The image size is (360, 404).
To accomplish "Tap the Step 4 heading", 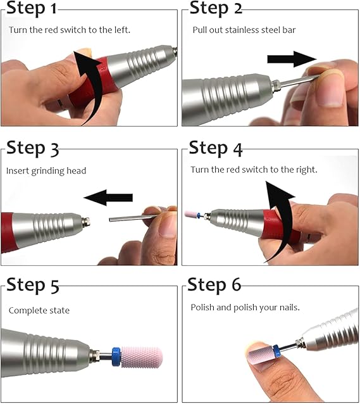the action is click(x=216, y=149).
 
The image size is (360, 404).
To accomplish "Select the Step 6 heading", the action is click(x=214, y=285).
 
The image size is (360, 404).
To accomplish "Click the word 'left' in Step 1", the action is click(x=121, y=30).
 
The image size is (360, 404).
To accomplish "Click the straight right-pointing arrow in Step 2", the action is click(x=292, y=59).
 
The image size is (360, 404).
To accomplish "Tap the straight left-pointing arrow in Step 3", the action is click(x=108, y=198).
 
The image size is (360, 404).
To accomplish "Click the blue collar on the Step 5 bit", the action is click(x=116, y=357).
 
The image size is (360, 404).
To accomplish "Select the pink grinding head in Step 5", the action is click(x=142, y=357).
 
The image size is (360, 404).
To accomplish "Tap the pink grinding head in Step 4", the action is click(x=191, y=215).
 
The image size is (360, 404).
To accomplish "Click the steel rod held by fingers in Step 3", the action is click(x=130, y=218).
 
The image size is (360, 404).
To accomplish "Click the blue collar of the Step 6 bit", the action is click(x=276, y=351).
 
